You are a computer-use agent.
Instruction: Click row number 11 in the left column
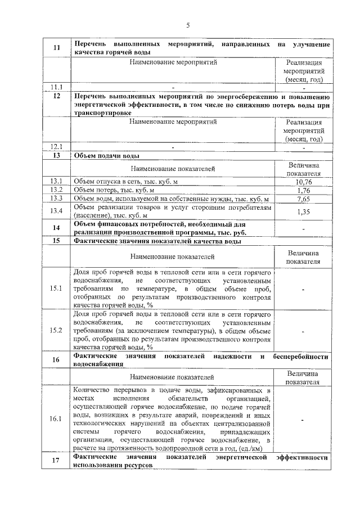[x=56, y=48]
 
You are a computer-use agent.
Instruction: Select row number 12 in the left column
[x=56, y=96]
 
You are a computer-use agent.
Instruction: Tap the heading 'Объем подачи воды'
[x=107, y=156]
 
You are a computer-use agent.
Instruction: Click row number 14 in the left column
[x=56, y=228]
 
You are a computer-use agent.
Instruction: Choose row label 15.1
[x=56, y=289]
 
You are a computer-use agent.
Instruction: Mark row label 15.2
[x=56, y=330]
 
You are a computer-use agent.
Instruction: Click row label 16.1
[x=56, y=419]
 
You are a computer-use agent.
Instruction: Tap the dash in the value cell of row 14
[x=303, y=228]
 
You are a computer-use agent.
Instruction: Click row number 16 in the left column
[x=56, y=360]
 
